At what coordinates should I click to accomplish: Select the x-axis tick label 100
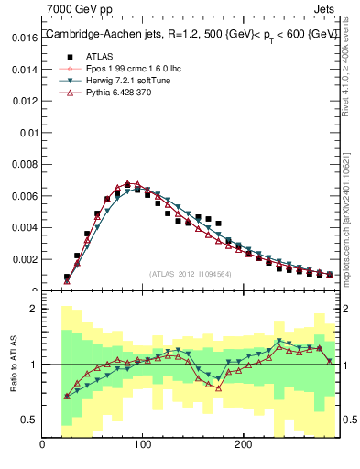click(x=142, y=444)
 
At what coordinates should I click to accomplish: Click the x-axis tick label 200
click(x=242, y=444)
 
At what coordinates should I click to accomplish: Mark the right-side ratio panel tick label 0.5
click(x=349, y=420)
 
